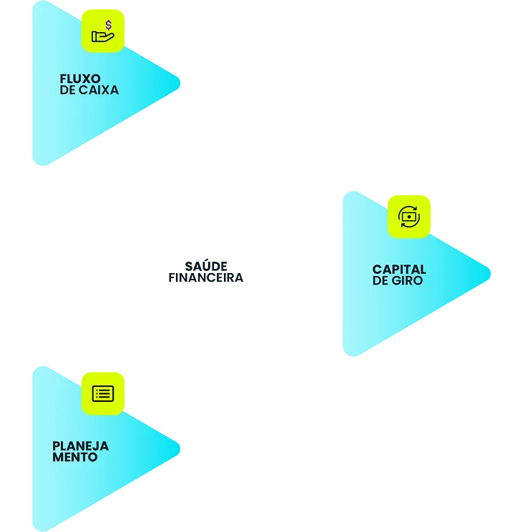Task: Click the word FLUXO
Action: (x=80, y=79)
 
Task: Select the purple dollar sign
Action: (x=109, y=25)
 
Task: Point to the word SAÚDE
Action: (x=206, y=266)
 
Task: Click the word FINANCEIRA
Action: (x=206, y=277)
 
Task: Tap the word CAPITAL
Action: (x=399, y=270)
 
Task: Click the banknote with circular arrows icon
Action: (x=409, y=217)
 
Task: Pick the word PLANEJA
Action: (x=81, y=445)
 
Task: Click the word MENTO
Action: (x=75, y=457)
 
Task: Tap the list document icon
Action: (x=103, y=393)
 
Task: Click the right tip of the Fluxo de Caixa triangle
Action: (x=180, y=83)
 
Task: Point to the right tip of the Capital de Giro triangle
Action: (x=490, y=274)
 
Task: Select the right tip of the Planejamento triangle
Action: (x=180, y=449)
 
